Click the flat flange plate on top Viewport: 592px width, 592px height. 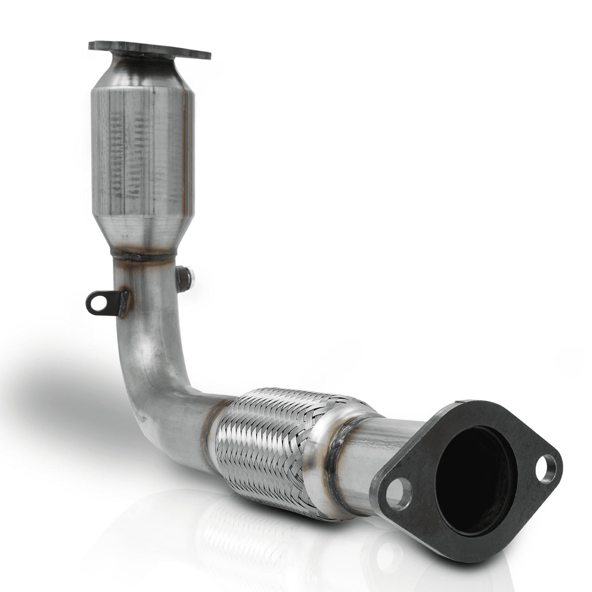point(149,50)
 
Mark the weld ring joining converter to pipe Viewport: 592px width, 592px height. point(144,258)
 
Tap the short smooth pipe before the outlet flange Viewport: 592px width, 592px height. point(363,450)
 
